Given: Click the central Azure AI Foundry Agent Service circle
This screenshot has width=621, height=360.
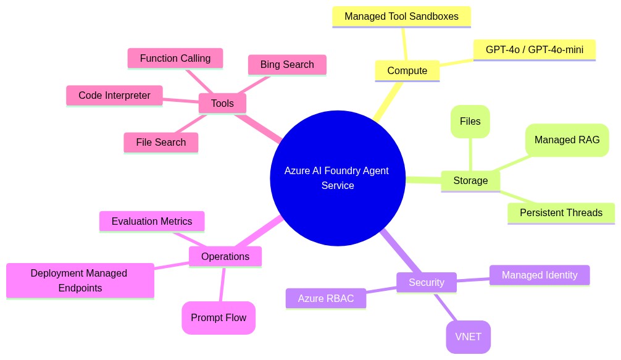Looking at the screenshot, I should [337, 178].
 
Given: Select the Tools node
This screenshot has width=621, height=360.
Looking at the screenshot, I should [222, 103].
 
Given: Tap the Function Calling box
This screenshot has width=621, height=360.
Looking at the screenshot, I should [175, 58].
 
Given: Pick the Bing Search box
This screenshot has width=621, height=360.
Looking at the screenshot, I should [287, 64].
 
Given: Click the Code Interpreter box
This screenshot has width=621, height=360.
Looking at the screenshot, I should [114, 95].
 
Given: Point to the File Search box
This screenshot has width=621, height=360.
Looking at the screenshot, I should [161, 142].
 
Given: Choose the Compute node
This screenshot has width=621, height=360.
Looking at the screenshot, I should [407, 70].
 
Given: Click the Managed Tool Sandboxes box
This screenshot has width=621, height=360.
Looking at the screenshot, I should [401, 16].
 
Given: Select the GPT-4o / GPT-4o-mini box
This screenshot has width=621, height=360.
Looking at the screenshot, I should [534, 49].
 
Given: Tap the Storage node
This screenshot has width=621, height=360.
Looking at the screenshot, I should [470, 180].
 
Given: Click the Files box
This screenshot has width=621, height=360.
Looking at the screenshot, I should [470, 121].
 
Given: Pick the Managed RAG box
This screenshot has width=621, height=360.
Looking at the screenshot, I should [567, 140].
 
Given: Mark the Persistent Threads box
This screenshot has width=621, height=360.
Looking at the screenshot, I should [561, 212].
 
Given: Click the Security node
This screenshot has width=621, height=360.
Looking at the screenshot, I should [426, 282].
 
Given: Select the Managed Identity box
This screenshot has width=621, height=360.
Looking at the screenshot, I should [539, 275].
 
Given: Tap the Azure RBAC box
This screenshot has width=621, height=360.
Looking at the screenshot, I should [325, 298].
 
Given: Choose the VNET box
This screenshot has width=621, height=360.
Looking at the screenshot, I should [468, 337].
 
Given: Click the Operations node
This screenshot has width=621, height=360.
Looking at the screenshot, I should [225, 256].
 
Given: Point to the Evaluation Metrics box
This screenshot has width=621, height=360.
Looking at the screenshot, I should [152, 221].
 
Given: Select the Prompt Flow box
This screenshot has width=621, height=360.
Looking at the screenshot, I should [218, 317].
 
